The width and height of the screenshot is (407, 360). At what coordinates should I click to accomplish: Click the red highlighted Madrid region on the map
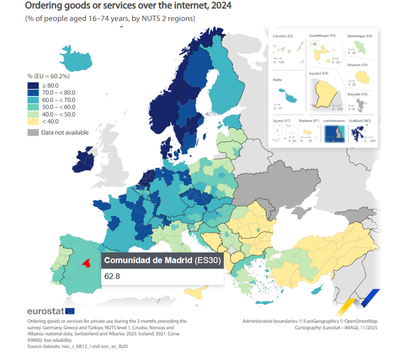pyautogui.click(x=86, y=264)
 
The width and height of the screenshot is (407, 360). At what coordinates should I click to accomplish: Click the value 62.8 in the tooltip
pyautogui.click(x=112, y=276)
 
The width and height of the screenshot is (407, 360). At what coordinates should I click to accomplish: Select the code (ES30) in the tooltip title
pyautogui.click(x=207, y=261)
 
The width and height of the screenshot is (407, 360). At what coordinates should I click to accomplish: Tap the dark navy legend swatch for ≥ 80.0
pyautogui.click(x=33, y=86)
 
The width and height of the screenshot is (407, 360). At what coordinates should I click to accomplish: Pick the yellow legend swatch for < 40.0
pyautogui.click(x=33, y=122)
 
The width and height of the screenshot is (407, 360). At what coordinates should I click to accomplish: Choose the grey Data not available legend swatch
pyautogui.click(x=33, y=133)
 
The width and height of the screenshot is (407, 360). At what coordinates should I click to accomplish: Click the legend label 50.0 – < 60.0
pyautogui.click(x=59, y=107)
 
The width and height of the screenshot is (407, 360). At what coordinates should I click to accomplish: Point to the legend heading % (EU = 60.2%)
pyautogui.click(x=48, y=76)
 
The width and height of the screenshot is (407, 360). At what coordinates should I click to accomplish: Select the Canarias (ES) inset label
pyautogui.click(x=283, y=36)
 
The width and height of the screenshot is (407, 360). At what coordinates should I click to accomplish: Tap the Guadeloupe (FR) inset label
pyautogui.click(x=322, y=36)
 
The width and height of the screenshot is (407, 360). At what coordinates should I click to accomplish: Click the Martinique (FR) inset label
pyautogui.click(x=360, y=36)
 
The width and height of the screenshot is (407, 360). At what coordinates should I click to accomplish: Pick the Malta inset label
pyautogui.click(x=277, y=80)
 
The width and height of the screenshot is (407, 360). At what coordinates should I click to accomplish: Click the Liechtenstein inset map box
pyautogui.click(x=334, y=133)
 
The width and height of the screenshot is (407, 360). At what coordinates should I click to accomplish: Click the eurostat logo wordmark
pyautogui.click(x=46, y=311)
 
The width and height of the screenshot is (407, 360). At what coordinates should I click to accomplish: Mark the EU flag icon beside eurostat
pyautogui.click(x=70, y=311)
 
